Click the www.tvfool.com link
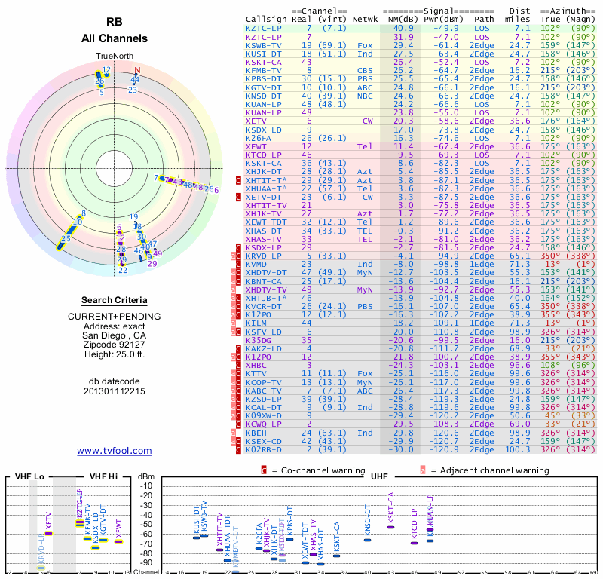click(x=114, y=451)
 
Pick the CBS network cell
click(x=365, y=70)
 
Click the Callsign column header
click(x=267, y=20)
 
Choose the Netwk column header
click(x=366, y=20)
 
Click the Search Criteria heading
click(x=114, y=300)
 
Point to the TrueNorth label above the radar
click(x=114, y=57)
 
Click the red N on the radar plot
click(x=137, y=71)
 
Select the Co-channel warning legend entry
click(x=317, y=471)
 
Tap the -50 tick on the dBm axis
click(x=146, y=524)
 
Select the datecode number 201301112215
click(x=114, y=391)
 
